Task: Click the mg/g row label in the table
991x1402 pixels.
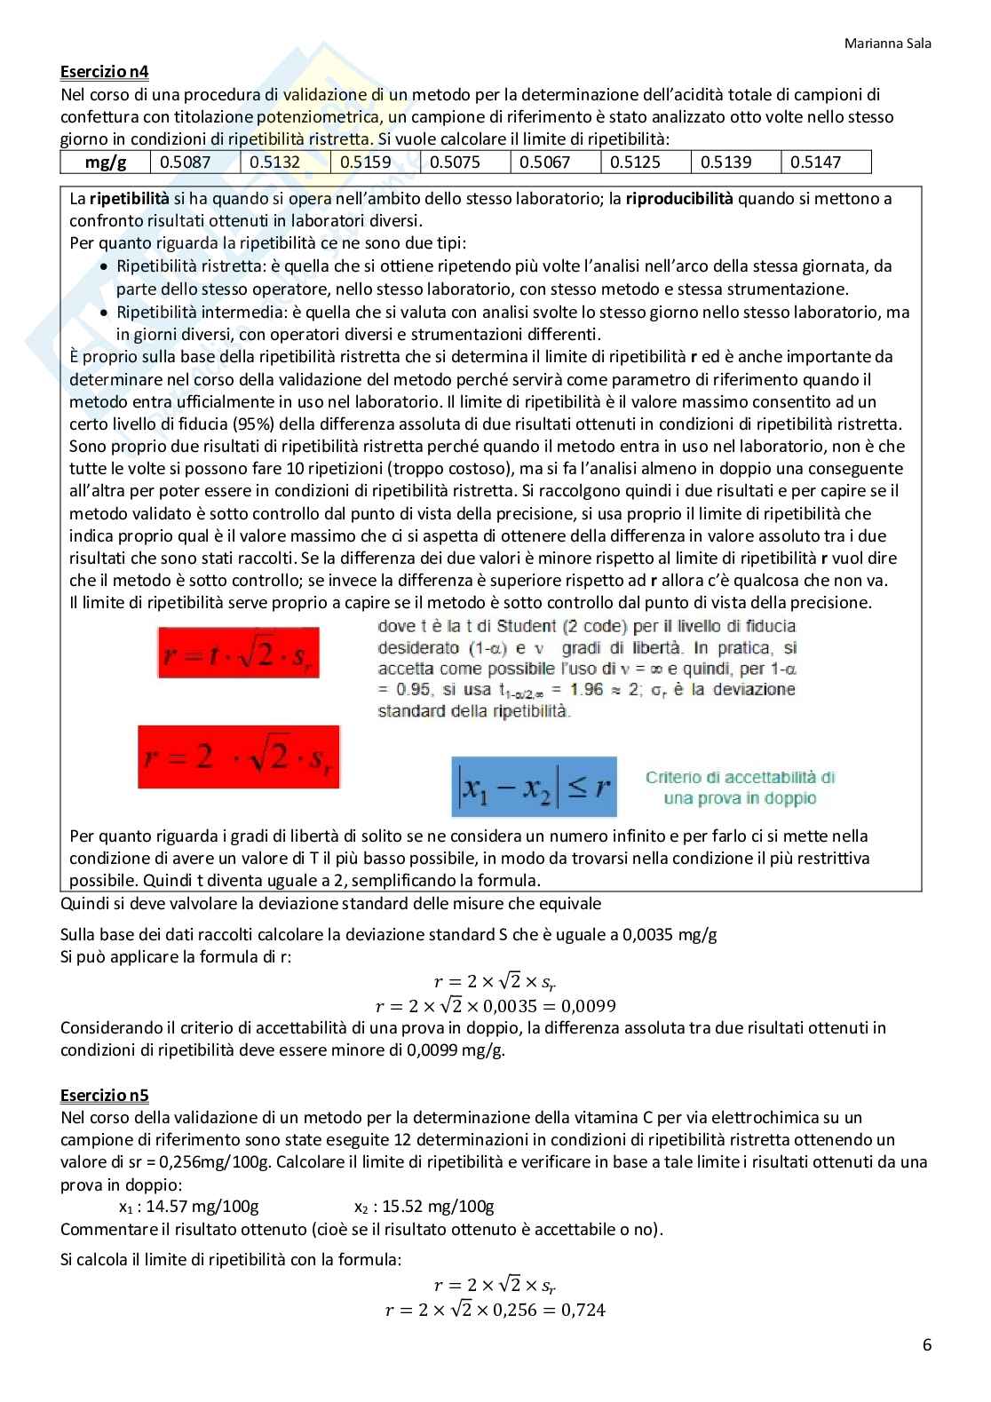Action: pyautogui.click(x=105, y=162)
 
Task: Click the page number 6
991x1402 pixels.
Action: pyautogui.click(x=927, y=1344)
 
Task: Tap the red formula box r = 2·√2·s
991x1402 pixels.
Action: pyautogui.click(x=239, y=756)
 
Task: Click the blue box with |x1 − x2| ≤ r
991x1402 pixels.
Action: pyautogui.click(x=534, y=787)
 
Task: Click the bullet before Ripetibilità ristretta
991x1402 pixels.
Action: pyautogui.click(x=104, y=266)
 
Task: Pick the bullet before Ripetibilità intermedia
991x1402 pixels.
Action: pyautogui.click(x=104, y=313)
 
